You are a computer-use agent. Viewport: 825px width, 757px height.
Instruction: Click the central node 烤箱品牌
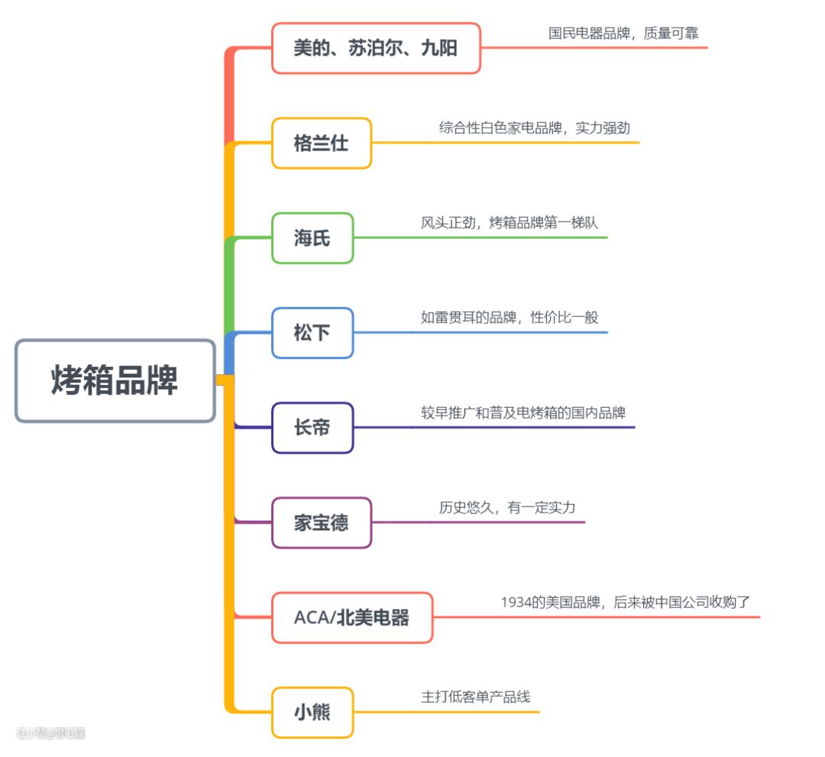(115, 380)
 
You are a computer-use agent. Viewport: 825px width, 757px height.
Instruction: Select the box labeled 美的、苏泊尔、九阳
(376, 48)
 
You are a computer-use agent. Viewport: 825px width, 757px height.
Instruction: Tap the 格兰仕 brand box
(321, 143)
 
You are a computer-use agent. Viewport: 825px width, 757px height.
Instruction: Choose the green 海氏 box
(312, 238)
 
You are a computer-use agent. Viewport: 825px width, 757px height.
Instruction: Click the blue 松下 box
(312, 333)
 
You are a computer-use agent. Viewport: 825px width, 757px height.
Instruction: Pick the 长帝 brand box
(312, 428)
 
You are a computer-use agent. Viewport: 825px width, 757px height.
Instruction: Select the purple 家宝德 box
(321, 522)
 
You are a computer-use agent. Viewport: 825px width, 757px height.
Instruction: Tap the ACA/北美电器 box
(352, 617)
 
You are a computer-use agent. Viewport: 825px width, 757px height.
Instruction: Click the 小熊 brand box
(312, 712)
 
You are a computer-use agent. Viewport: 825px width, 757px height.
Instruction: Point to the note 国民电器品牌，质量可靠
(623, 34)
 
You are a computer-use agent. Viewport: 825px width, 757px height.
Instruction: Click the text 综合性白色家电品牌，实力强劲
(534, 128)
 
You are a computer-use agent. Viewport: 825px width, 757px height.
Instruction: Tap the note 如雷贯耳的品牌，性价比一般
(510, 317)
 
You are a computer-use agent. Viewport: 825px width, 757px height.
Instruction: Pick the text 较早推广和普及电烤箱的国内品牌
(523, 412)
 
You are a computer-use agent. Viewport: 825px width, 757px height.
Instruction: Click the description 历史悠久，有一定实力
(506, 507)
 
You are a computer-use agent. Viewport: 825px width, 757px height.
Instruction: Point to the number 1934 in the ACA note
(516, 602)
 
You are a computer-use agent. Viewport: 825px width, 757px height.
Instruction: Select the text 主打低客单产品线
(475, 697)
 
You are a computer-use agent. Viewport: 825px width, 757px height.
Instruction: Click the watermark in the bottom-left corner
(50, 733)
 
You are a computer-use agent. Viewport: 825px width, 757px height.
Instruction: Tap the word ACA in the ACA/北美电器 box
(312, 617)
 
